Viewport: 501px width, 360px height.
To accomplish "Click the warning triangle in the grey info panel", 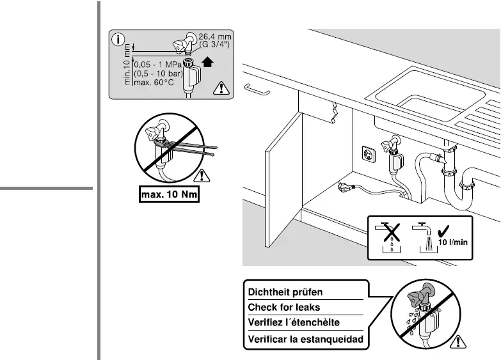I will pos(221,89).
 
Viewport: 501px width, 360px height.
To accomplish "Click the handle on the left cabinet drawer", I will pos(258,91).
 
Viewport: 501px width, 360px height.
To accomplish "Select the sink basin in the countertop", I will pos(425,96).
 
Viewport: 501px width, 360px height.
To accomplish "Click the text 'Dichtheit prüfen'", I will pos(285,292).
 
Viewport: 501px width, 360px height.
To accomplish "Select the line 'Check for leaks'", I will pos(283,308).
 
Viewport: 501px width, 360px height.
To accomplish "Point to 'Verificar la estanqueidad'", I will pos(305,338).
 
